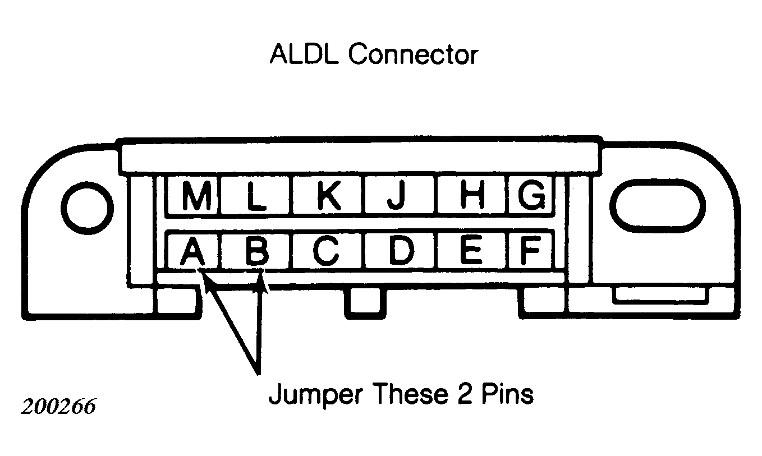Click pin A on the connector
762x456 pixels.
[x=193, y=251]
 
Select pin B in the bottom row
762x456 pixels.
[x=256, y=251]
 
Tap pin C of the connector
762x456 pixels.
[x=327, y=251]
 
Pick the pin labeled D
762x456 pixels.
[x=400, y=251]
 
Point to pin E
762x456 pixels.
[x=471, y=251]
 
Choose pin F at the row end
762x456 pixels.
[x=530, y=251]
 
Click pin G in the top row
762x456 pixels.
[x=531, y=195]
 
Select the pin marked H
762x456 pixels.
[x=472, y=195]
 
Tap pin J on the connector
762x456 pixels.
[x=398, y=195]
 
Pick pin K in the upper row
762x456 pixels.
[x=327, y=195]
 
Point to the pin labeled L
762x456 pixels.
[x=255, y=195]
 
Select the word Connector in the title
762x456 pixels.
[x=414, y=54]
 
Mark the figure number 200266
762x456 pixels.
[x=58, y=406]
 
